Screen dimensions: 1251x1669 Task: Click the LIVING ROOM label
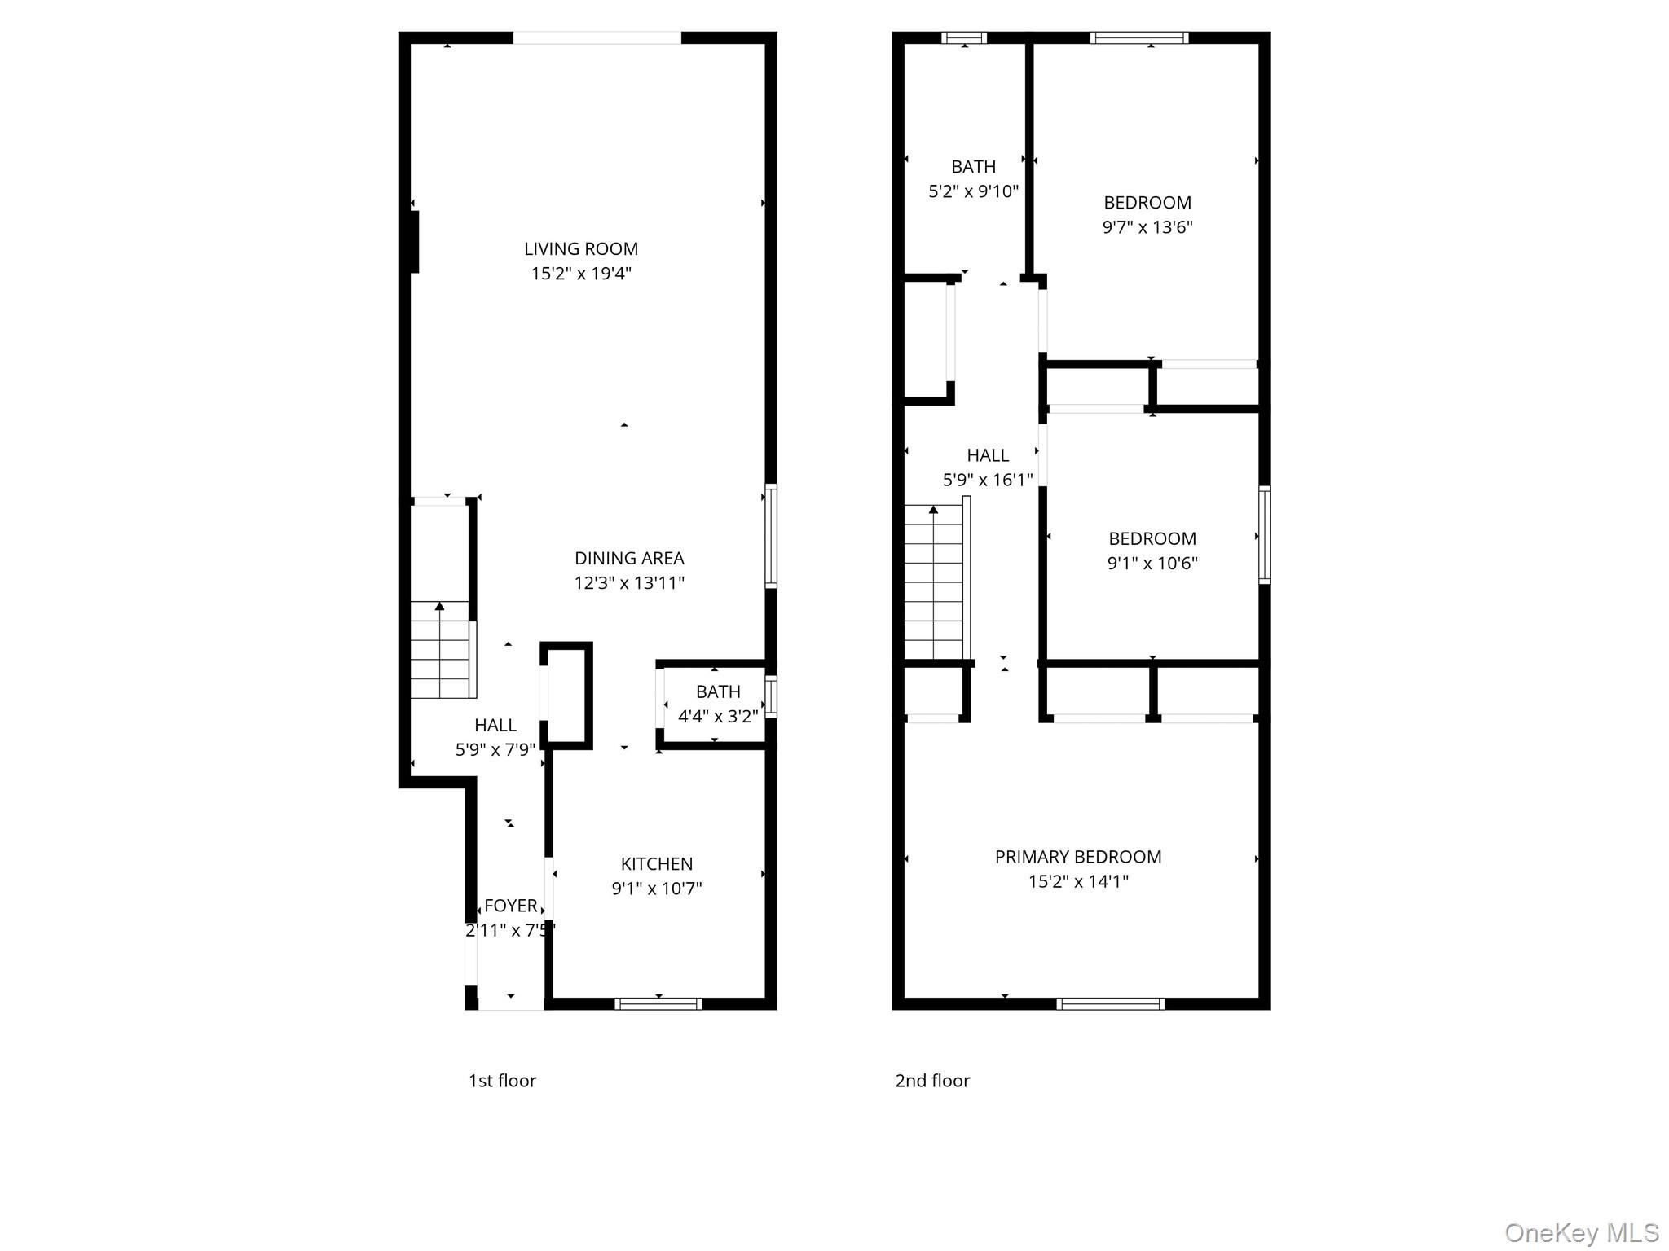pos(580,248)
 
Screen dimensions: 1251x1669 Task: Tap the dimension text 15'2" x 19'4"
pos(580,274)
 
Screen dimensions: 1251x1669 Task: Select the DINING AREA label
pos(628,558)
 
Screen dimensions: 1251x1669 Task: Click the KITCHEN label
pos(656,863)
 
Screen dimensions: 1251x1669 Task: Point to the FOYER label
pos(510,906)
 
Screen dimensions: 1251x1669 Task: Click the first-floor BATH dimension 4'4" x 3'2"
pos(717,716)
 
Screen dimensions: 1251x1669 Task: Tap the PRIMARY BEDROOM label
pos(1077,857)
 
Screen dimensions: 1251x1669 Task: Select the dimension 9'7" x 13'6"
pos(1147,227)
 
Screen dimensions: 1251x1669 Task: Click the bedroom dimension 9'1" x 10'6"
pos(1152,563)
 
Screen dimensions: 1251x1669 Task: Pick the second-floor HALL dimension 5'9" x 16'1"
pos(987,480)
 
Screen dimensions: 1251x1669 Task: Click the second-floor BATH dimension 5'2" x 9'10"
pos(973,191)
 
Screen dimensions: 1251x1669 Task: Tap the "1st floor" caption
pos(502,1081)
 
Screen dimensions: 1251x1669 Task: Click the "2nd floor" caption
pos(932,1081)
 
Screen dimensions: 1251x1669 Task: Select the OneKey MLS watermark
pos(1581,1232)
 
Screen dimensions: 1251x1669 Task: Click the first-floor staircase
pos(440,649)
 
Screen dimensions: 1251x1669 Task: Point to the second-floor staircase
pos(934,582)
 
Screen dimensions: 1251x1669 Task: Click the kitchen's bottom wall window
pos(658,1003)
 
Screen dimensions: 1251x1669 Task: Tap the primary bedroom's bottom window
pos(1110,1003)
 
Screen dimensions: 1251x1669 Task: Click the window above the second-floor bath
pos(964,37)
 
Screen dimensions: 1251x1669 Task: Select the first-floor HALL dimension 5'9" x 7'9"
pos(495,749)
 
